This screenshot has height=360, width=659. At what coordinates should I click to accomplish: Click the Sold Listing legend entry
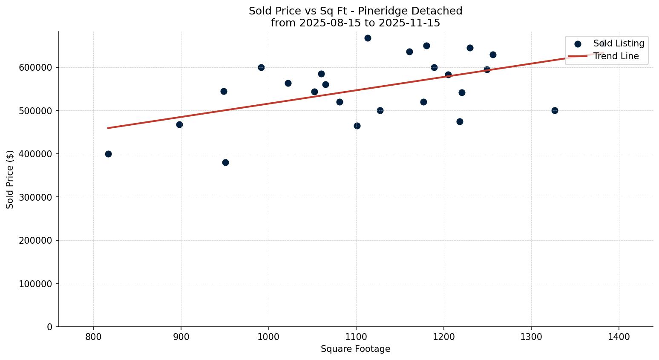coord(618,43)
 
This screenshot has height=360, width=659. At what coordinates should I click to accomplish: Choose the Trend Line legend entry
coord(616,56)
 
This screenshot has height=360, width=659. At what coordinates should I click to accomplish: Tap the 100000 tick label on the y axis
coord(35,284)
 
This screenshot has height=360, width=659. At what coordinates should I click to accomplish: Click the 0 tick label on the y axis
coord(50,327)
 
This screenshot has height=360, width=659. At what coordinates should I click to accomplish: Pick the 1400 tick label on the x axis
coord(619,337)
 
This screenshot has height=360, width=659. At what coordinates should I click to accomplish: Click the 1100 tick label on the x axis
coord(356,337)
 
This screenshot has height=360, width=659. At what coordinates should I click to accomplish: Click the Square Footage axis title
coord(355,349)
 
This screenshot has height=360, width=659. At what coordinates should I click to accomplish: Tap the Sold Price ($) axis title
coord(10,179)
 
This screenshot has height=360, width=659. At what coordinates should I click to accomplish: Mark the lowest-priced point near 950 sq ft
coord(225,162)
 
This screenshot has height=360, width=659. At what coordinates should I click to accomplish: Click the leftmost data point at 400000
coord(108,154)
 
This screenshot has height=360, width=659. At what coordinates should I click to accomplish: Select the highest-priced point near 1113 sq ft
coord(368,38)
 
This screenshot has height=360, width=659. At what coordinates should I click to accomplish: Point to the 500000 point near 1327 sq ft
coord(555,110)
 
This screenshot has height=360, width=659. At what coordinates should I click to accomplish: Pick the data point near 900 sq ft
coord(179,124)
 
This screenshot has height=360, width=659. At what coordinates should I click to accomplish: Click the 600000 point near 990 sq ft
coord(261,67)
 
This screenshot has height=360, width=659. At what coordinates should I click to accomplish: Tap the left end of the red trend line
coord(108,128)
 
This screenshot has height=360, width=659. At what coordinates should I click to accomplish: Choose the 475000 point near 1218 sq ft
coord(460,121)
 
